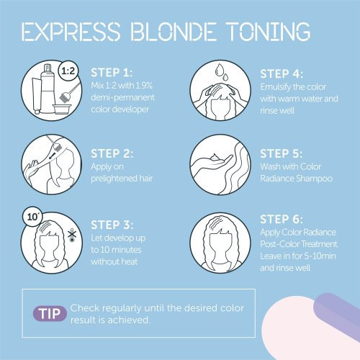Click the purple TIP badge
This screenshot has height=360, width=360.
point(50,313)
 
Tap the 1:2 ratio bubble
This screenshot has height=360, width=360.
point(68,71)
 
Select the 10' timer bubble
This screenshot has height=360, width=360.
point(32,217)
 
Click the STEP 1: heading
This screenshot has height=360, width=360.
point(112,73)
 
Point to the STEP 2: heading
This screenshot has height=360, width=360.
point(112,153)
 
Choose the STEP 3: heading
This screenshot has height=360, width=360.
point(112,225)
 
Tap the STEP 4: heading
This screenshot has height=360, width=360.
point(282,74)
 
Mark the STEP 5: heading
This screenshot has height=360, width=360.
point(282,153)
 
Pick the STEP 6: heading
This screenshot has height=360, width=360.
point(282,219)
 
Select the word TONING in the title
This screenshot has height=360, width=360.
point(269,32)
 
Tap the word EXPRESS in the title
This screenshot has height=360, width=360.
point(71,32)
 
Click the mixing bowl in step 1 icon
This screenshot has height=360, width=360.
point(60,109)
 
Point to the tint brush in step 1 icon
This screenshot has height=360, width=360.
point(70,92)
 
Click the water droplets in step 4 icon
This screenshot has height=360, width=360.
point(222,72)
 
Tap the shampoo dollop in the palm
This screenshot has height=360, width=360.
point(215,157)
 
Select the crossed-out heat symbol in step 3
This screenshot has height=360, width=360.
point(72,235)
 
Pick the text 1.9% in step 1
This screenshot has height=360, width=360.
point(144,86)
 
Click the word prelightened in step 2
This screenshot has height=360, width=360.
point(111,179)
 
